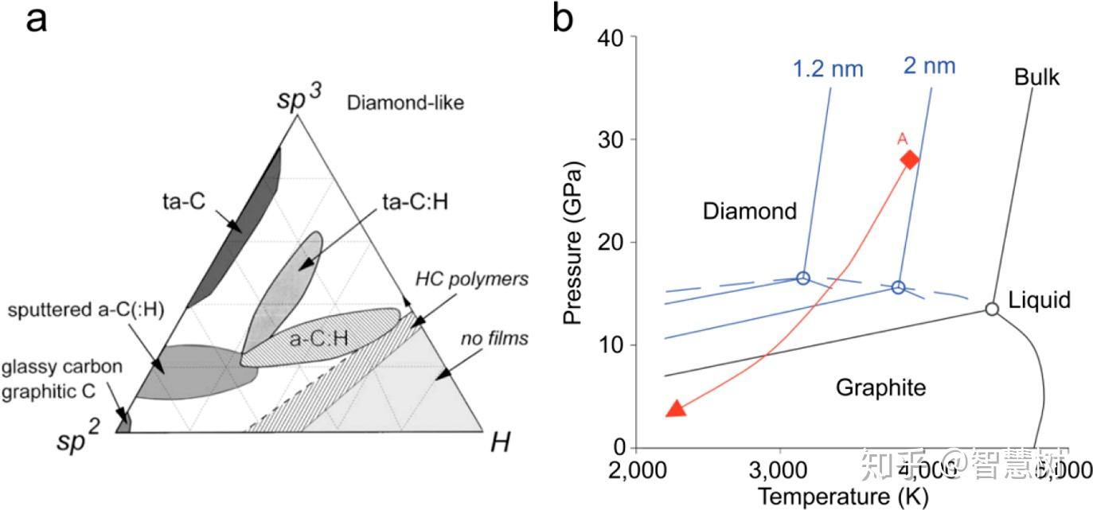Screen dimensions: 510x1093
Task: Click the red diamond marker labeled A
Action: (x=909, y=160)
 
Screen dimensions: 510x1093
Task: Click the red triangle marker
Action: (x=675, y=409)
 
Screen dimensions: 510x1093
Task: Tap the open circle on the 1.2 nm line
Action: (x=802, y=278)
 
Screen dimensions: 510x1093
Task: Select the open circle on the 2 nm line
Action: (x=898, y=287)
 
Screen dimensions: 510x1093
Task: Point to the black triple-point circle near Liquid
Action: (x=992, y=309)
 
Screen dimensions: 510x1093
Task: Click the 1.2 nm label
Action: (x=828, y=69)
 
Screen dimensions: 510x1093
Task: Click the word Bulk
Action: (x=1037, y=77)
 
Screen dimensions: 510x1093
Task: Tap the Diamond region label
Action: (x=749, y=211)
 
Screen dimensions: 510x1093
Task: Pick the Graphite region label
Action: (x=880, y=387)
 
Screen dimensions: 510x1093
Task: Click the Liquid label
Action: (x=1039, y=300)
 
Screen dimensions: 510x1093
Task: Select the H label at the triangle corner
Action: (x=499, y=442)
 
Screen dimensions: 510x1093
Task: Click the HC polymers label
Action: (x=472, y=279)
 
